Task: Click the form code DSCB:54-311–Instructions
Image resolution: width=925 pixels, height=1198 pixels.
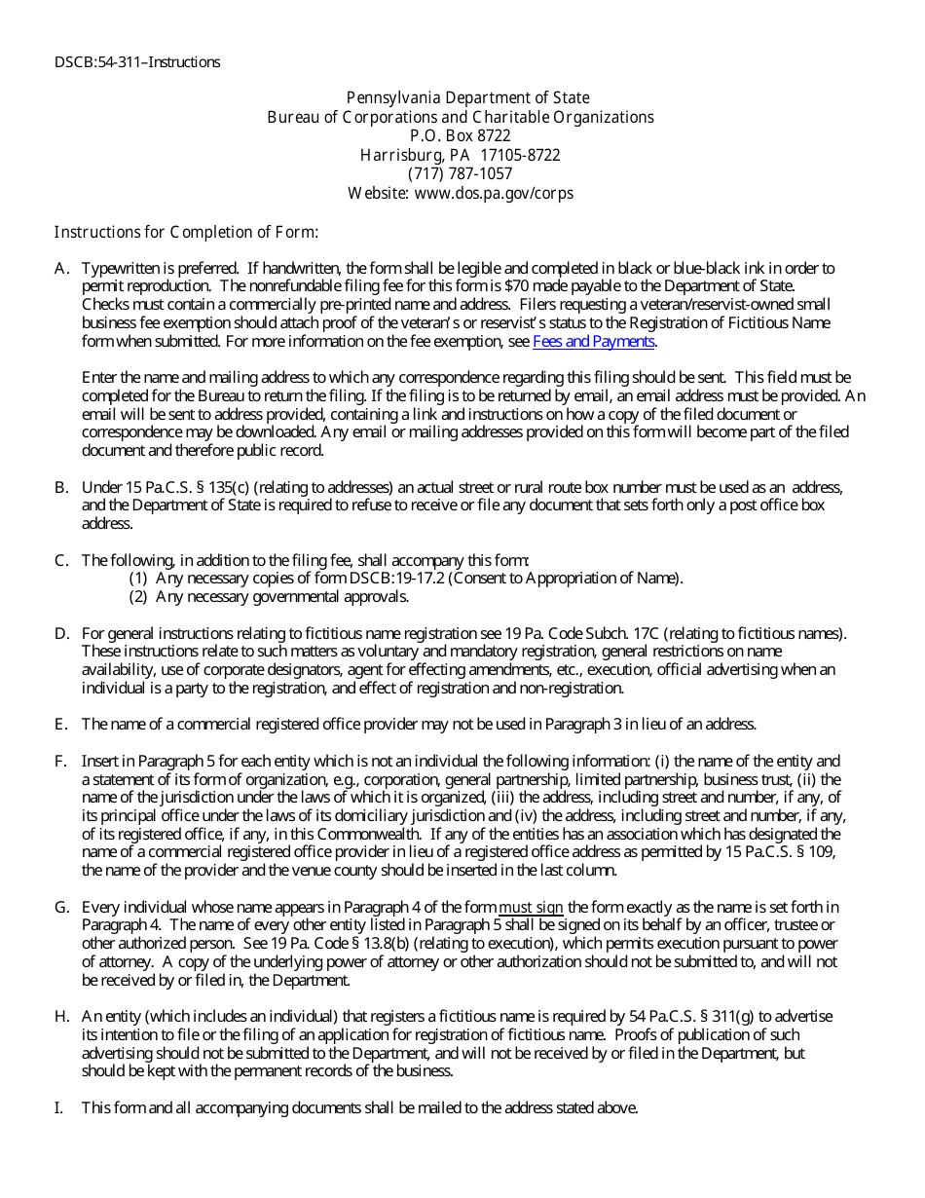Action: (137, 62)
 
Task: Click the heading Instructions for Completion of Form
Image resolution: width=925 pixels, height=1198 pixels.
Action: (186, 232)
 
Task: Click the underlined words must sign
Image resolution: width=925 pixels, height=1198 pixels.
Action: (531, 908)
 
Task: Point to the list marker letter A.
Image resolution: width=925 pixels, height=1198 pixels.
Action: (61, 268)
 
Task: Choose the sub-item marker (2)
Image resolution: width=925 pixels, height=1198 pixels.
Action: (138, 597)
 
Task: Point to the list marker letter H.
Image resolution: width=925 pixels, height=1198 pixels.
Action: (61, 1017)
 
